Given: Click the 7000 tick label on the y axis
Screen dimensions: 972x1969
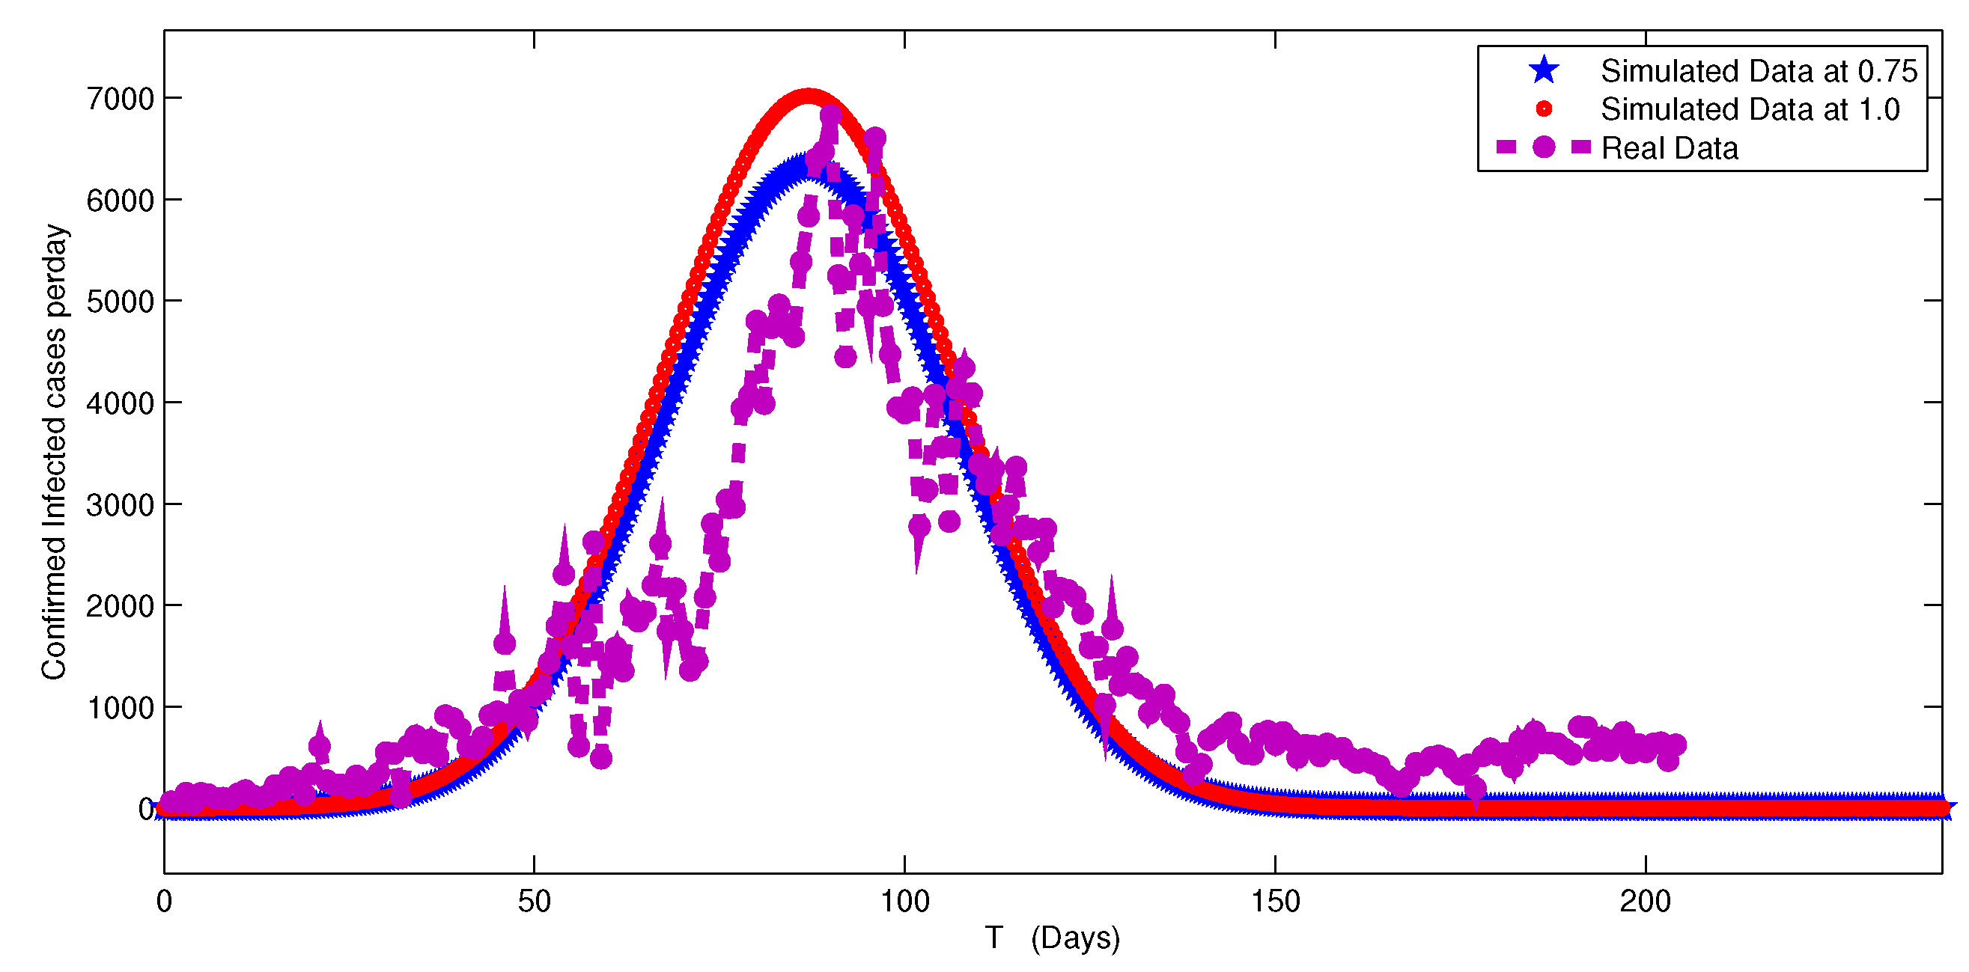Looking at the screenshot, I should tap(120, 100).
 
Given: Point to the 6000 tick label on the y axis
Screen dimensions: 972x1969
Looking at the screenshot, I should tap(120, 201).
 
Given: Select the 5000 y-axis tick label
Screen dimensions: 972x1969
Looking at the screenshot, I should tap(120, 302).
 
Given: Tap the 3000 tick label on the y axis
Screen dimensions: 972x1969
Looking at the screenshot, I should tap(120, 505).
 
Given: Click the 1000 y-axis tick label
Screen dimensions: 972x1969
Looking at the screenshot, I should tap(120, 709).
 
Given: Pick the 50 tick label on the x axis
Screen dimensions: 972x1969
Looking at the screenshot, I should tap(534, 902).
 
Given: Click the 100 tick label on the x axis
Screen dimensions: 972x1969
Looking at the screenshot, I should tap(904, 902).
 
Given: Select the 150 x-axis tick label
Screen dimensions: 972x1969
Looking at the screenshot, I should tap(1275, 902).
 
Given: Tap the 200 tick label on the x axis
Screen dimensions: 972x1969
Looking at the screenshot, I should tap(1645, 902).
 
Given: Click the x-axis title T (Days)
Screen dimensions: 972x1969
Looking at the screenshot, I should tap(1052, 938).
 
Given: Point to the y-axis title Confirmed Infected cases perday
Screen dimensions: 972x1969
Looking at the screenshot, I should tap(55, 451).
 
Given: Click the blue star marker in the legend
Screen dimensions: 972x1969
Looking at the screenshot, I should tap(1543, 70).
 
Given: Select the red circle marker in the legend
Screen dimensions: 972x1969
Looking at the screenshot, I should tap(1543, 109).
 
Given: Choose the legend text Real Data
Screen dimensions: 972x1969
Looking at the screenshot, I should tap(1670, 148).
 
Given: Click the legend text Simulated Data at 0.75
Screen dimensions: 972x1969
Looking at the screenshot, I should tap(1759, 71).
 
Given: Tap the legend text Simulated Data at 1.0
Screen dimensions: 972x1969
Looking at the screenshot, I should tap(1750, 109).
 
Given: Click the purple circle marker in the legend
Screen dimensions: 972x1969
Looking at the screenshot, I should tap(1543, 147).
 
